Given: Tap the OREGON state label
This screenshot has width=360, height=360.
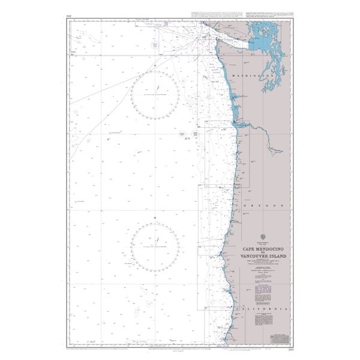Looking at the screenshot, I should tap(262, 206).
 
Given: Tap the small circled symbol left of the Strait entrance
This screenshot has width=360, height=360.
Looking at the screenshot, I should tap(155, 46).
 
